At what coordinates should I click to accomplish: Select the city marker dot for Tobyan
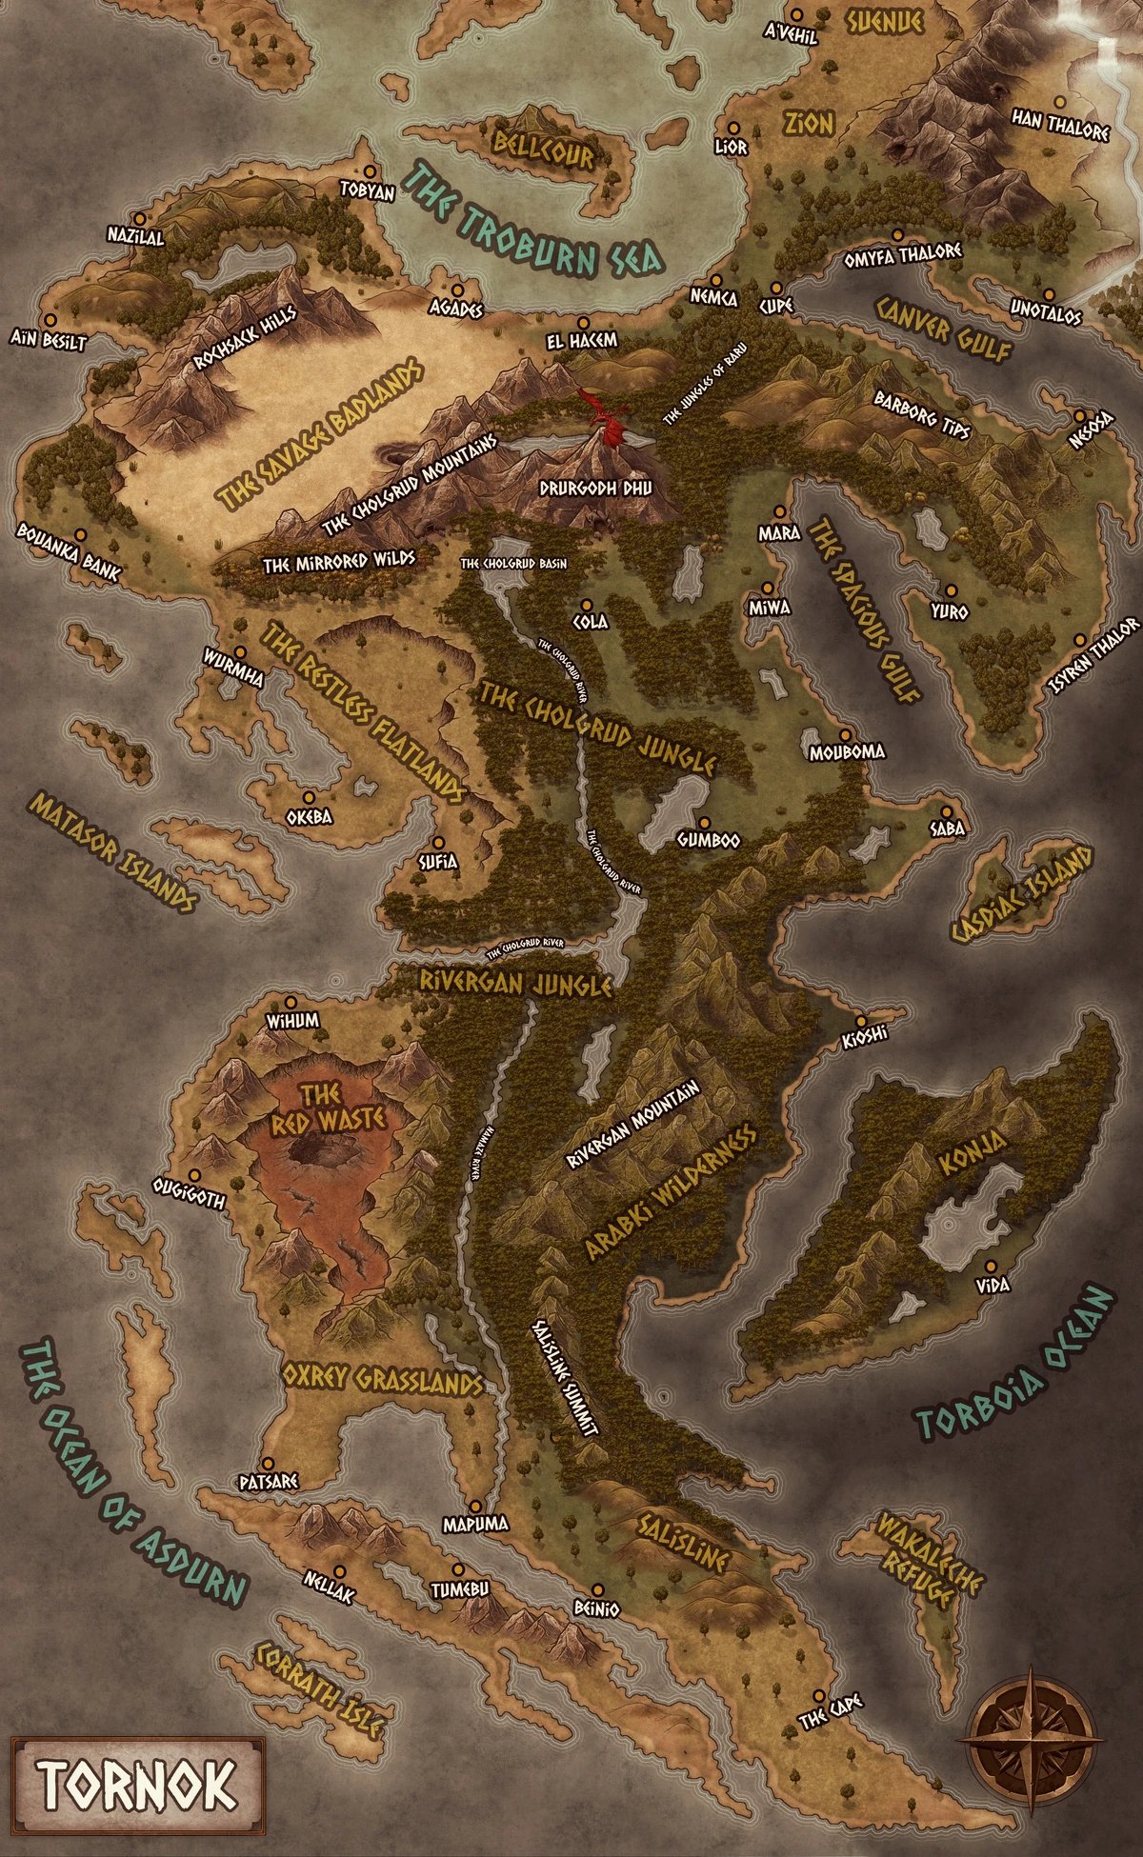point(368,177)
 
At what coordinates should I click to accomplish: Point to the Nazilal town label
point(135,236)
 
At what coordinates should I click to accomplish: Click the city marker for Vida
point(991,1267)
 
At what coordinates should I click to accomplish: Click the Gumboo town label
point(708,841)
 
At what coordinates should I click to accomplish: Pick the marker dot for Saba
point(947,809)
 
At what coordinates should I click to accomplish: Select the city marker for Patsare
point(269,1463)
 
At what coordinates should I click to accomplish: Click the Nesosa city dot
point(1079,416)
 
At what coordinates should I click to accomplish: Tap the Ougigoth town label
point(190,1194)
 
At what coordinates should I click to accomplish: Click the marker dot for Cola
point(587,605)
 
